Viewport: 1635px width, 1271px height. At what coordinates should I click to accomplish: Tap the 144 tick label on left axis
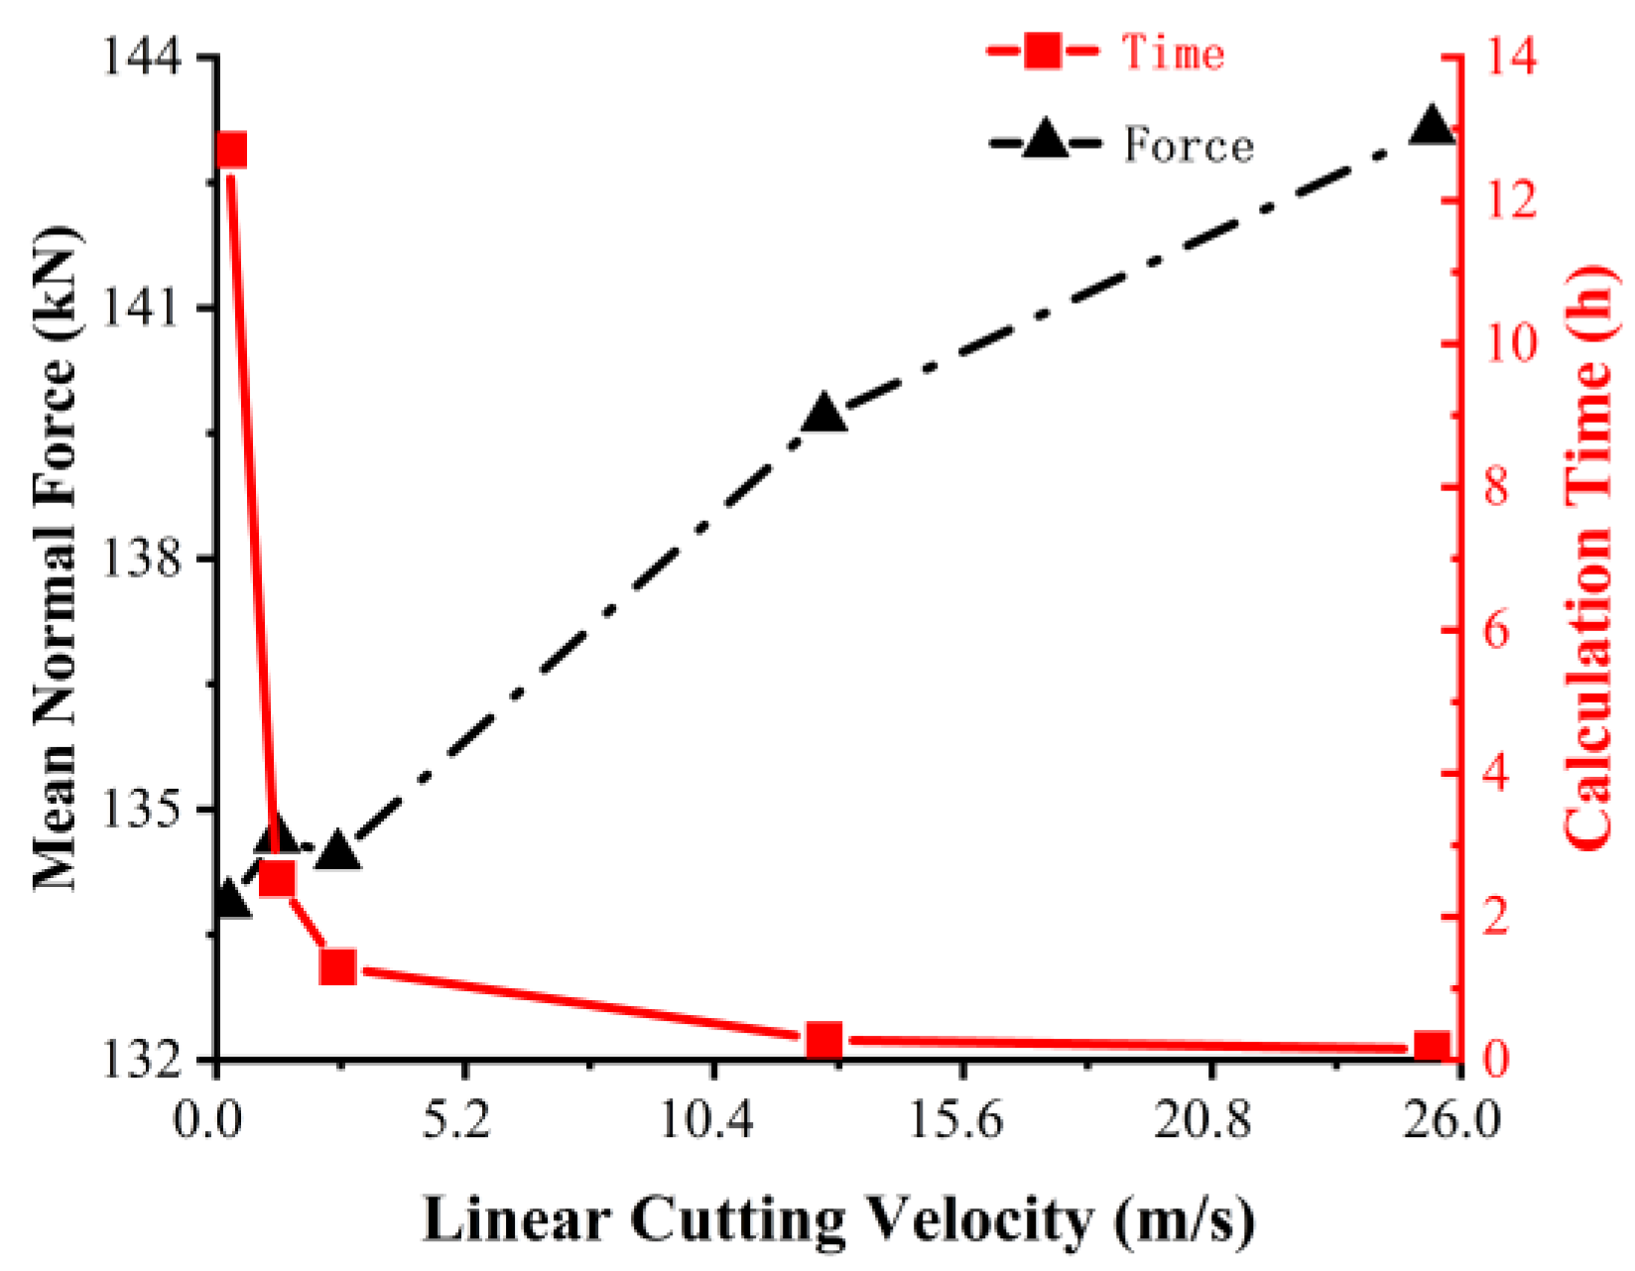[143, 59]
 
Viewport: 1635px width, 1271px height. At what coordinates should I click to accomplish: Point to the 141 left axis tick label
[143, 309]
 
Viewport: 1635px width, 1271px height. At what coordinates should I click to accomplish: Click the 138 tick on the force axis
[143, 559]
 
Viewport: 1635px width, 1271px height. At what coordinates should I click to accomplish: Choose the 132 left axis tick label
[143, 1060]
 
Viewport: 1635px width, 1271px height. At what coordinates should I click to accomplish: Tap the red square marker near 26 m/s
[1432, 1048]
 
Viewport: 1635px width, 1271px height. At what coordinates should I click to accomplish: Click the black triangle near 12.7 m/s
[823, 413]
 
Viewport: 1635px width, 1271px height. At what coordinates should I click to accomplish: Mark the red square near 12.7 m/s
[823, 1041]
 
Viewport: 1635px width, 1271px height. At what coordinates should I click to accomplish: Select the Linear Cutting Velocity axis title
[838, 1219]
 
